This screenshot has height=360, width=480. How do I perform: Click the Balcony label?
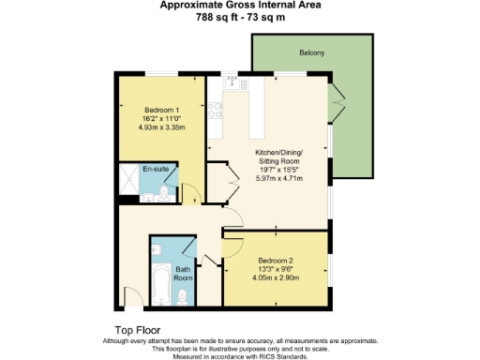click(312, 52)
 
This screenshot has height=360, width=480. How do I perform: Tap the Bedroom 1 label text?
click(161, 111)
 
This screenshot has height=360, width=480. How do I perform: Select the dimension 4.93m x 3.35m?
click(161, 127)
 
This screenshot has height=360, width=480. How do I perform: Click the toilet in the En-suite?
click(163, 193)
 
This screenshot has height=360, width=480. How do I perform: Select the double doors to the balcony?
click(337, 101)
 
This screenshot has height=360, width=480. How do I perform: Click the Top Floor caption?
click(137, 330)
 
